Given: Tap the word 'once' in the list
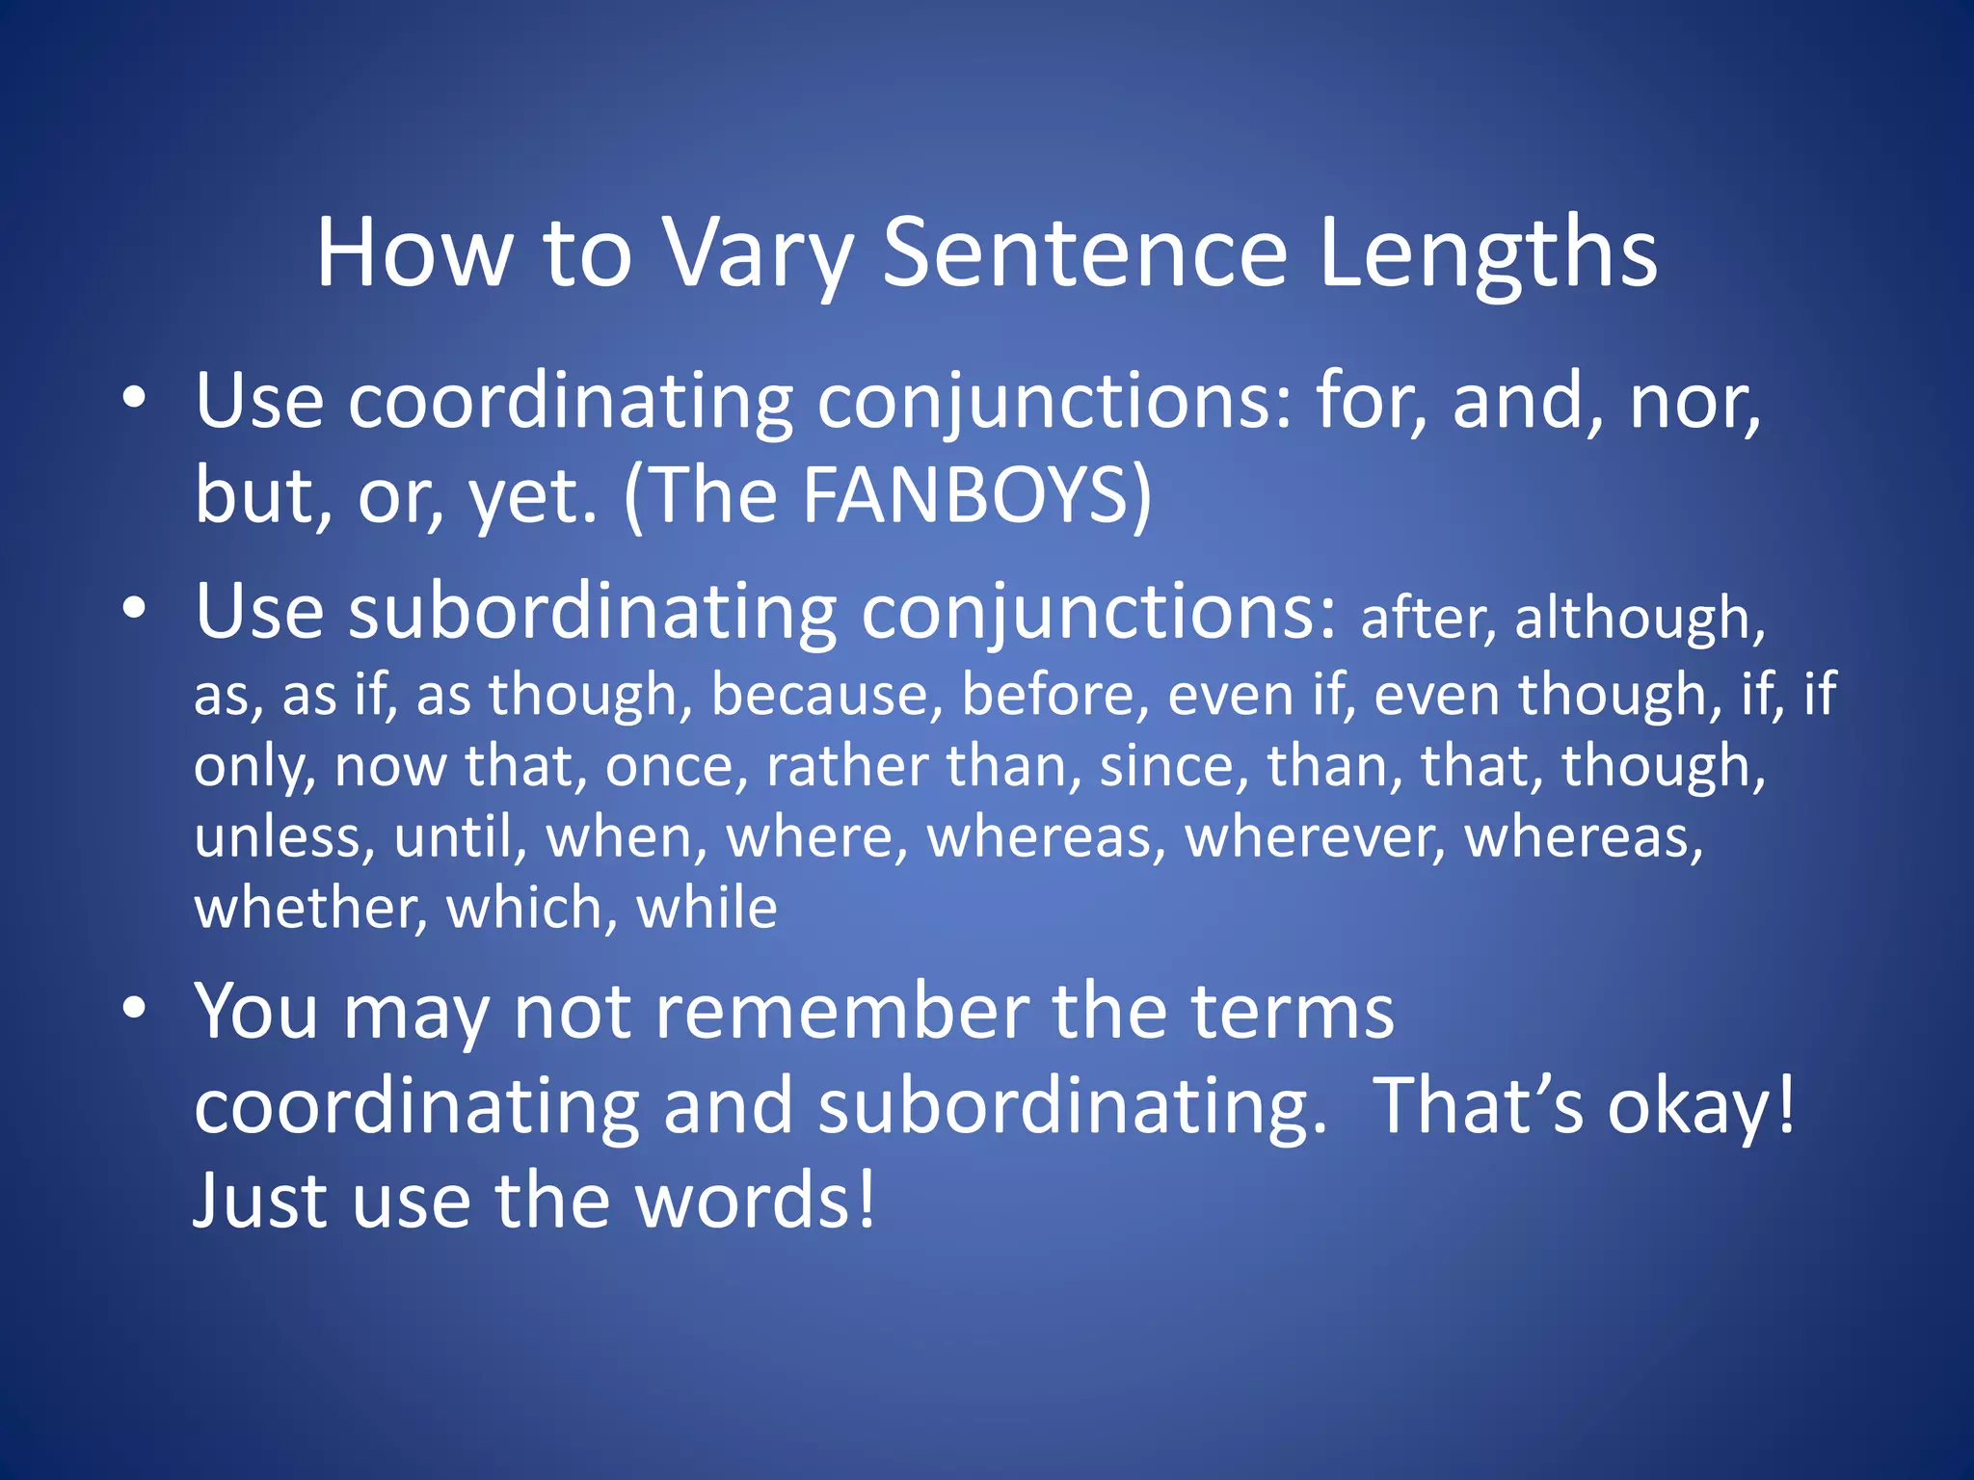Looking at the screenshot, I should [x=675, y=766].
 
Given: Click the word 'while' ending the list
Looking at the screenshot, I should [x=707, y=908].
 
